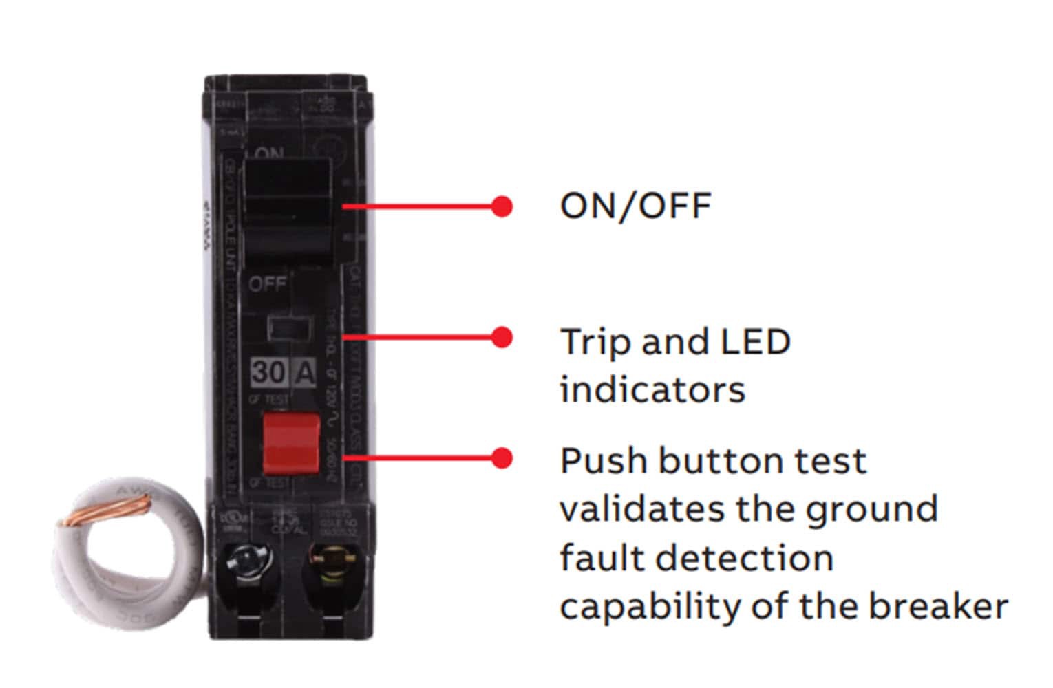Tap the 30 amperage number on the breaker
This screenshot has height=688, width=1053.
268,372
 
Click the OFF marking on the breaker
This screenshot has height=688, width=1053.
267,283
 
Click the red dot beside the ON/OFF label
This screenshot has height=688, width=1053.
502,206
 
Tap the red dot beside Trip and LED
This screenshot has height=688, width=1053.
502,337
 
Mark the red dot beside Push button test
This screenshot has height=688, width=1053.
502,458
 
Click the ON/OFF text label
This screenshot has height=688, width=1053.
635,206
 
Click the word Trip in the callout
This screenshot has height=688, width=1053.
595,342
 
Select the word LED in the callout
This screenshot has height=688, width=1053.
754,341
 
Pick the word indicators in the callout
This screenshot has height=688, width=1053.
652,389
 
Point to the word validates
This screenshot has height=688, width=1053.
642,509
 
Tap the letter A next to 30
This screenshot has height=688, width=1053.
304,372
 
